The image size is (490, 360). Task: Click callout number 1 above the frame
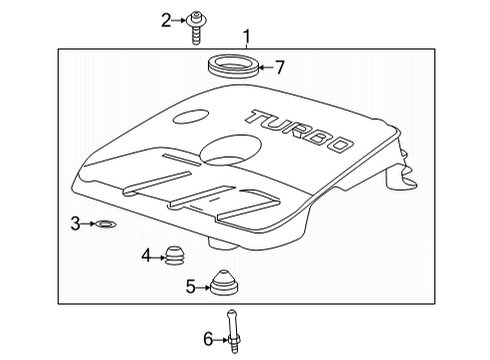246,37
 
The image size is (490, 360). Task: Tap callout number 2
167,18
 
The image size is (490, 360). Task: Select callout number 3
75,223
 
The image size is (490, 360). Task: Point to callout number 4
146,257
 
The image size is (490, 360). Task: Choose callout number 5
190,287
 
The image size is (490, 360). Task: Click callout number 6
208,341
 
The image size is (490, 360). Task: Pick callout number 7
280,68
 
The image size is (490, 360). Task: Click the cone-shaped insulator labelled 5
226,286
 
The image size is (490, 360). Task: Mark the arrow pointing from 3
90,223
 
